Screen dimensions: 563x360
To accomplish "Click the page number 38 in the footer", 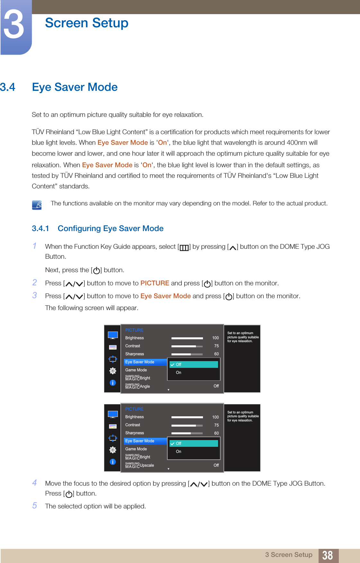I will click(327, 555).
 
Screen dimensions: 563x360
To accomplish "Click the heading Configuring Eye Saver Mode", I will click(110, 229).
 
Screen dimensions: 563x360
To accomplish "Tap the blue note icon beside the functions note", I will click(37, 204).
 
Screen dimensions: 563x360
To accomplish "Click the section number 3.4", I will click(8, 87).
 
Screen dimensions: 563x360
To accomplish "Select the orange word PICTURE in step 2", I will click(155, 283).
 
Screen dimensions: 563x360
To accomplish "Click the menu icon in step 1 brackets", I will click(184, 247).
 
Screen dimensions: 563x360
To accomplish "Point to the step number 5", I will click(35, 506).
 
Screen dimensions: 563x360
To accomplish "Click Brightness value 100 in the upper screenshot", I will click(215, 338).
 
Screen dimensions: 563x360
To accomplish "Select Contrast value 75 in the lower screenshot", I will click(216, 425).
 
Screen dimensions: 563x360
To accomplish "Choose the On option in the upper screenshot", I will click(179, 373).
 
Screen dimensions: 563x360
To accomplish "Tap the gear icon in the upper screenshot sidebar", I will click(113, 371).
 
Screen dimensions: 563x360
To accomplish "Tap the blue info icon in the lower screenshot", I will click(113, 462).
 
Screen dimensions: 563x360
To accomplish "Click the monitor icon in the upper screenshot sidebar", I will click(113, 335).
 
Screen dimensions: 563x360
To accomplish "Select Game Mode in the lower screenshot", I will click(136, 449).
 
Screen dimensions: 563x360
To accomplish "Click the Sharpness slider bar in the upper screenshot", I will click(187, 354).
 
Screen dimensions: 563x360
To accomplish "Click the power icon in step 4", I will click(69, 494).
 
